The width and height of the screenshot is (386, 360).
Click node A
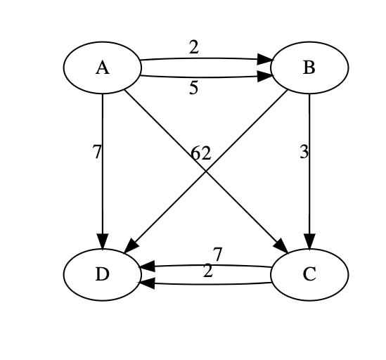103,68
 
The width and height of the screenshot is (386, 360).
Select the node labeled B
309,68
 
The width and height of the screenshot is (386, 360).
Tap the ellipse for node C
309,274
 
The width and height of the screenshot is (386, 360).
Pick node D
103,274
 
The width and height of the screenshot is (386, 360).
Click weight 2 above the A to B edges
193,48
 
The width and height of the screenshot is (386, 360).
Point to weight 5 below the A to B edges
193,89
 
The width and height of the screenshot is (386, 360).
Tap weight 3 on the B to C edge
304,153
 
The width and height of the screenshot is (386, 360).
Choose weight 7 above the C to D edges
217,255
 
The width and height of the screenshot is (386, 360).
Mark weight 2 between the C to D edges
207,271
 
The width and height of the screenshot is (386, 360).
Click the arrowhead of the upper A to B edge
267,60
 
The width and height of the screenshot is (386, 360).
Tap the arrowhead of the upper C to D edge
146,267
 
